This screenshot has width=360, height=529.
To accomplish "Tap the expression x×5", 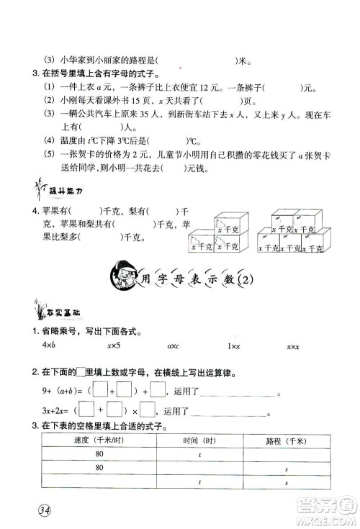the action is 113,346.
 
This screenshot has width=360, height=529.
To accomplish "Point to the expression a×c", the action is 173,346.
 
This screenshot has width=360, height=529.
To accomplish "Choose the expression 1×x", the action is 233,346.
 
